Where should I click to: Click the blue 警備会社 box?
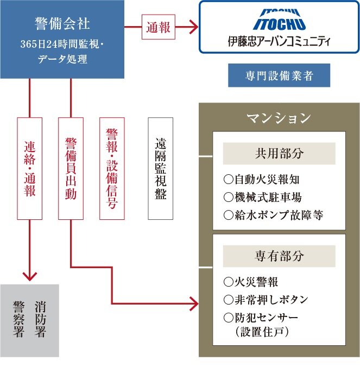[x=62, y=39]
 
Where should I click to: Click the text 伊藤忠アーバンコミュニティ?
[x=279, y=41]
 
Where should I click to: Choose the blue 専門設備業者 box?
[x=279, y=75]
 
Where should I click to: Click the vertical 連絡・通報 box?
[x=30, y=168]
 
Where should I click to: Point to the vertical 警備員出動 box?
[x=71, y=168]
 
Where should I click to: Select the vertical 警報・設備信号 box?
[x=112, y=168]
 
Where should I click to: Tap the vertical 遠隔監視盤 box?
[x=160, y=168]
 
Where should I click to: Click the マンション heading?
[x=279, y=118]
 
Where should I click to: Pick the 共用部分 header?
[x=279, y=153]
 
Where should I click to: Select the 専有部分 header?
[x=279, y=256]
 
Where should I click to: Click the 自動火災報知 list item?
[x=262, y=179]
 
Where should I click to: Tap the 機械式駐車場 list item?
[x=262, y=197]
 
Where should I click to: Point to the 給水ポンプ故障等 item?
[x=273, y=215]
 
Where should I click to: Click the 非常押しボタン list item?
[x=266, y=300]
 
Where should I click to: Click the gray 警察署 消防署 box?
[x=30, y=319]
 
